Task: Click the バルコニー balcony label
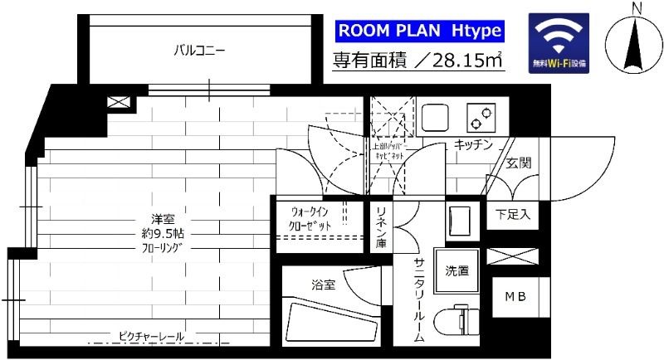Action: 199,51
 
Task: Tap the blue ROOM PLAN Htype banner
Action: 418,31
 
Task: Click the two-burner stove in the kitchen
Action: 479,118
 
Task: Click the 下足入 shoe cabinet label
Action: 512,215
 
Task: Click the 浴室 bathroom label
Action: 324,285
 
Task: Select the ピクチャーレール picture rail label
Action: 150,336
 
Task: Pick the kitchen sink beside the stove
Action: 434,118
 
